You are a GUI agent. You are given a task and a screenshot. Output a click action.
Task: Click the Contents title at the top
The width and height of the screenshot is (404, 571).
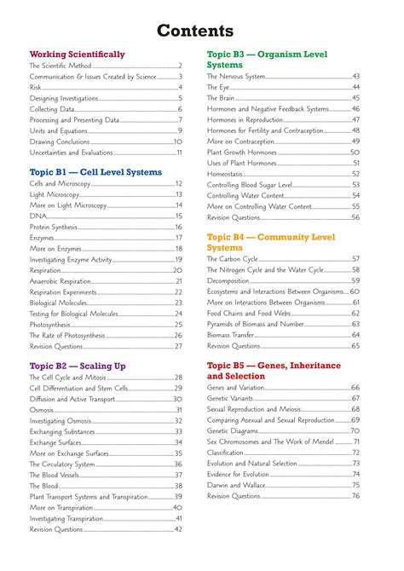(202, 31)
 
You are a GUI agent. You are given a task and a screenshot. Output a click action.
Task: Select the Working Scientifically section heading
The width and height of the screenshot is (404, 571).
(77, 54)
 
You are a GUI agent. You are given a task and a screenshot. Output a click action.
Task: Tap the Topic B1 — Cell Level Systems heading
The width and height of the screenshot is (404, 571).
(95, 172)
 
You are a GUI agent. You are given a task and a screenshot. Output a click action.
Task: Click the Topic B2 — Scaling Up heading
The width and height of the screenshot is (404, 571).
(78, 366)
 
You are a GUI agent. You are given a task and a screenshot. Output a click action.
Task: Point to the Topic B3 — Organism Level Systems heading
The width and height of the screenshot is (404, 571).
(268, 59)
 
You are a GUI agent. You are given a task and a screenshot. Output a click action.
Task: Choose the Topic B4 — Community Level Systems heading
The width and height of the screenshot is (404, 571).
(271, 242)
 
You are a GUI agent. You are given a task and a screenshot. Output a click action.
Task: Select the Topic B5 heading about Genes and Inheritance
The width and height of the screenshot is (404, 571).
(274, 371)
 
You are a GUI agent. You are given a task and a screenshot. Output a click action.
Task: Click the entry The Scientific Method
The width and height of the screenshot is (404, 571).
(60, 66)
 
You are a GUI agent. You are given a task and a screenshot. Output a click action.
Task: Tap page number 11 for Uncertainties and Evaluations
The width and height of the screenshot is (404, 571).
(179, 153)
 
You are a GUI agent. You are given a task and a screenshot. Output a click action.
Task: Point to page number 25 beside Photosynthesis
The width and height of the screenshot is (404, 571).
(179, 325)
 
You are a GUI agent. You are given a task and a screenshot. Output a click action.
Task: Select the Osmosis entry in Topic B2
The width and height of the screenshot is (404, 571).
(42, 410)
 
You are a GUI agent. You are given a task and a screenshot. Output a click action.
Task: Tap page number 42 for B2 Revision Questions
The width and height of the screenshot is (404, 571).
(179, 529)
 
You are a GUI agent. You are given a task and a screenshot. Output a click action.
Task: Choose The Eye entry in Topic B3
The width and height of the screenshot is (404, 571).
(218, 88)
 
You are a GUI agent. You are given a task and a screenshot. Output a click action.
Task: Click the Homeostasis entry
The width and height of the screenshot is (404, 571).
(226, 174)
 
